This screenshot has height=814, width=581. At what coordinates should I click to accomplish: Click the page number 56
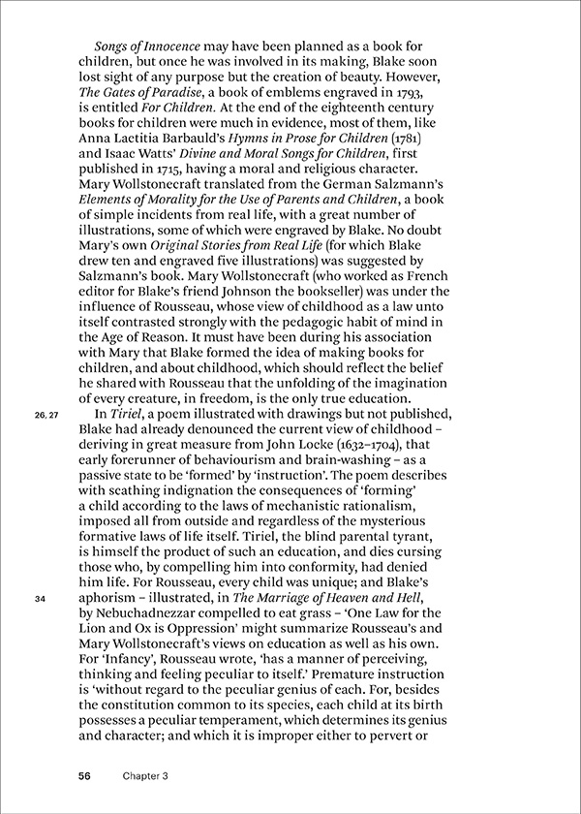85,776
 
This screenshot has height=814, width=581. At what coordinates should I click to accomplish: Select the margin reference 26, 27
46,443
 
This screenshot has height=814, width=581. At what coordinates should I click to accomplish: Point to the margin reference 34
40,600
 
